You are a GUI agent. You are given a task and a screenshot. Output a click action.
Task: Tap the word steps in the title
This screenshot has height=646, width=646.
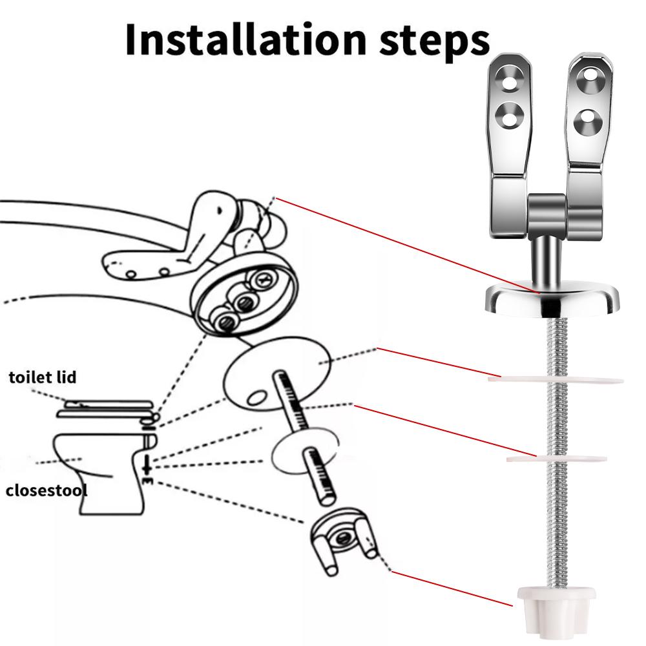coord(428,40)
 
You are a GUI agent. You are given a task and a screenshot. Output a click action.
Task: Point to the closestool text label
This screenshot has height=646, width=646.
coord(47,490)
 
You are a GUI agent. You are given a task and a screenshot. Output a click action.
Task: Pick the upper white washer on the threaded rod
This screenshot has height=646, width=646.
coord(556,379)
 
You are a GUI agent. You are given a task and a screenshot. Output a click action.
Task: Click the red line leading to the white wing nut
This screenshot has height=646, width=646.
coord(452,588)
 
